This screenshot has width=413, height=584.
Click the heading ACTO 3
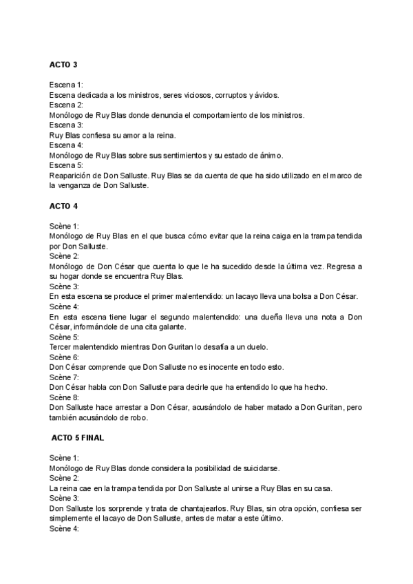[x=63, y=65]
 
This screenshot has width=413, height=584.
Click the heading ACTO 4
[x=63, y=205]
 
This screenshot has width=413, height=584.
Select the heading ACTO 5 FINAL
[x=77, y=438]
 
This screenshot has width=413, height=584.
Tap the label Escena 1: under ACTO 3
[x=66, y=85]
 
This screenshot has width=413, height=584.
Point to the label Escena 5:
[x=66, y=165]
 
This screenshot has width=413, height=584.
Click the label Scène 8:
[x=64, y=397]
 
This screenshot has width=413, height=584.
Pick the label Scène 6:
[x=64, y=357]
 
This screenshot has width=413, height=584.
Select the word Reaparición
[x=73, y=176]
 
